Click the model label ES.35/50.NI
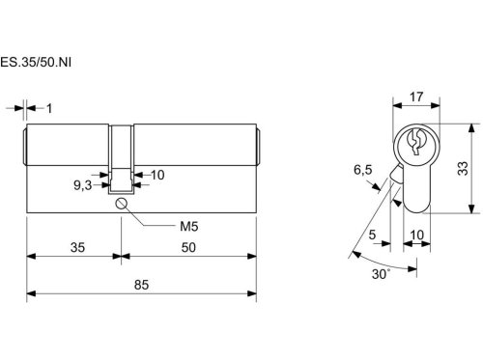pyautogui.click(x=36, y=62)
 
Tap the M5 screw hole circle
pyautogui.click(x=121, y=204)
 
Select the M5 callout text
pyautogui.click(x=189, y=227)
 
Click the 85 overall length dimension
pyautogui.click(x=141, y=285)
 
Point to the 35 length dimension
pyautogui.click(x=77, y=248)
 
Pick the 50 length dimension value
pyautogui.click(x=188, y=248)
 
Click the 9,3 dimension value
pyautogui.click(x=83, y=185)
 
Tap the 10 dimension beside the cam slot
pyautogui.click(x=157, y=175)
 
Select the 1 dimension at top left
pyautogui.click(x=49, y=108)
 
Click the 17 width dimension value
pyautogui.click(x=416, y=97)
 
